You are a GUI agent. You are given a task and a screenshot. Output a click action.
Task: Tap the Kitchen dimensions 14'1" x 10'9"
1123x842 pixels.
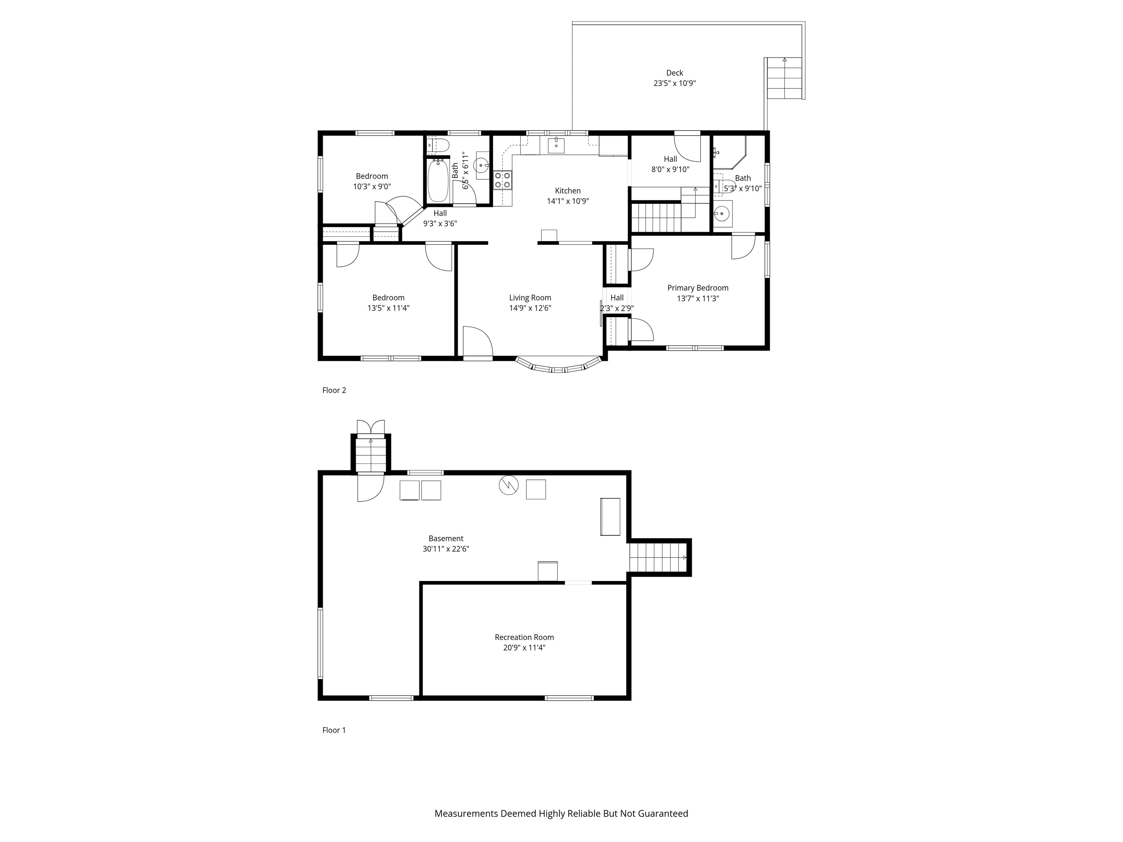point(568,201)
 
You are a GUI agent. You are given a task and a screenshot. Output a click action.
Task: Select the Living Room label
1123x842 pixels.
point(530,298)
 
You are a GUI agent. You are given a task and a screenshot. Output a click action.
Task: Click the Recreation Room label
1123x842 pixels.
point(525,637)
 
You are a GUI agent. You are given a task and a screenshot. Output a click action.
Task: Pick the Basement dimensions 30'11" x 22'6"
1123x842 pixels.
point(446,549)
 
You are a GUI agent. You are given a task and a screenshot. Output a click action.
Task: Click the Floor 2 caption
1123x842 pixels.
point(334,390)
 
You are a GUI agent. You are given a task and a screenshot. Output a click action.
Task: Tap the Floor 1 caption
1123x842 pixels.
point(334,730)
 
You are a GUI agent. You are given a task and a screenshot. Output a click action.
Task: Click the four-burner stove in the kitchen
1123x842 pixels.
point(503,180)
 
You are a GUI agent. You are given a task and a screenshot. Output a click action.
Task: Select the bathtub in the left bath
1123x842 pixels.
point(438,181)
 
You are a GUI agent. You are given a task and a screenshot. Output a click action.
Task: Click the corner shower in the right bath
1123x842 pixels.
point(729,152)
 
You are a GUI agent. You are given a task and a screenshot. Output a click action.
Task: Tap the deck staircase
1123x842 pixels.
point(784,79)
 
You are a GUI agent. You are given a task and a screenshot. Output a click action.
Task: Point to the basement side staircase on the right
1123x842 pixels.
point(658,557)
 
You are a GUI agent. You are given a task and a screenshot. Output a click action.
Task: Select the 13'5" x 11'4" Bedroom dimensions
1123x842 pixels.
point(388,308)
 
